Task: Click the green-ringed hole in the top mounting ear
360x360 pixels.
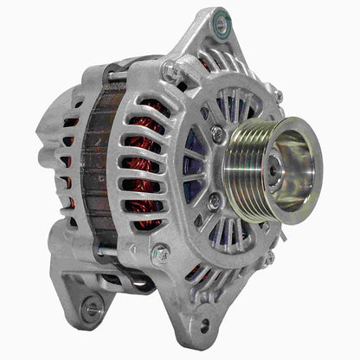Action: (x=222, y=24)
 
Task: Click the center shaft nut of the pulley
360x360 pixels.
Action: (x=273, y=170)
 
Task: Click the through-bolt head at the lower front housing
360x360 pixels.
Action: (x=159, y=254)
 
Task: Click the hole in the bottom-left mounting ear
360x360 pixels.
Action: (x=90, y=306)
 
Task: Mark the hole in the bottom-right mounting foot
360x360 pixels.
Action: (x=205, y=326)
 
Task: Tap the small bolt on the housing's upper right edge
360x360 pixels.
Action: (x=277, y=95)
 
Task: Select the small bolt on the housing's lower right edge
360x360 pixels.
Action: (x=269, y=256)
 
